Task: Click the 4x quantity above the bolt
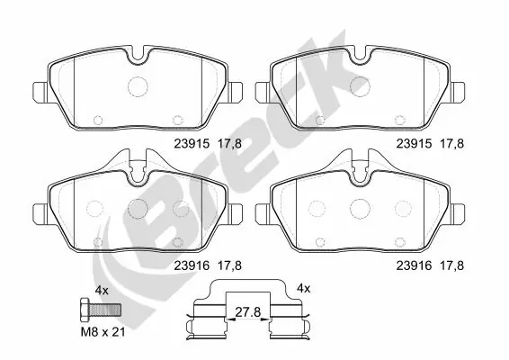[x=102, y=290]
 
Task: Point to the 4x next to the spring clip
[x=303, y=288]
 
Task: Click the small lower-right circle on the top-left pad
[x=177, y=117]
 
